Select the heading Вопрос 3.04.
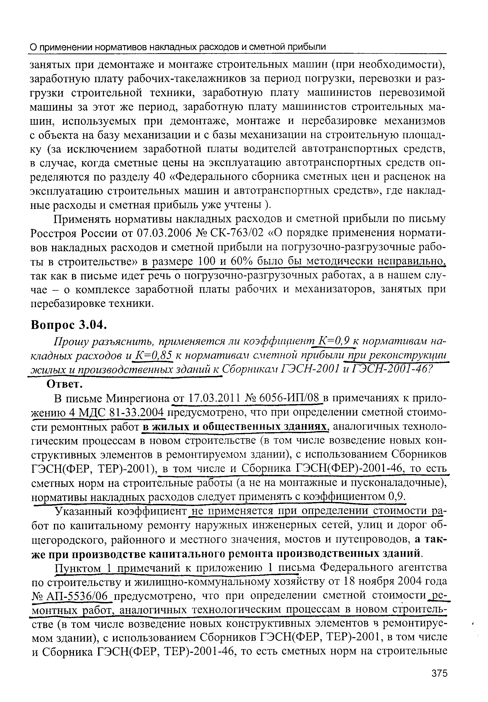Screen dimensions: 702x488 (69, 325)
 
